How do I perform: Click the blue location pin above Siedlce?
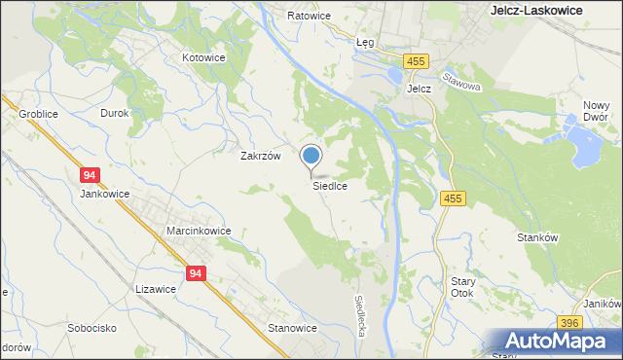click(x=311, y=157)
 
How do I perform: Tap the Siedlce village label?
click(x=330, y=185)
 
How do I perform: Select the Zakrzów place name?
click(x=261, y=156)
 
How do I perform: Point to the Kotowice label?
click(x=204, y=57)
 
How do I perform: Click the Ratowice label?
click(x=310, y=17)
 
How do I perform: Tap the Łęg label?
click(x=365, y=43)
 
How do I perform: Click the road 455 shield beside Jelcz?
click(x=418, y=61)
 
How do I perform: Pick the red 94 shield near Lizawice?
click(x=196, y=274)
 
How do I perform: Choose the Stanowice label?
click(x=292, y=328)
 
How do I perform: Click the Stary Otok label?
click(x=462, y=288)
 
